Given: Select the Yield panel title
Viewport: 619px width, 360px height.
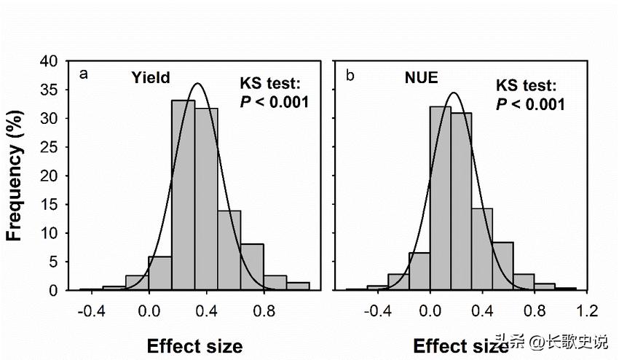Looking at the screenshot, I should pos(151,77).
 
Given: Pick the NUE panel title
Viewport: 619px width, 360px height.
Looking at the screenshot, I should pos(421,77).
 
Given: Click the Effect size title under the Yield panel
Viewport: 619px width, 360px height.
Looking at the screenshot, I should pos(194,345).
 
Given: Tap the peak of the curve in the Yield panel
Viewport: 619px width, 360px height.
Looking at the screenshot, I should pos(197,84).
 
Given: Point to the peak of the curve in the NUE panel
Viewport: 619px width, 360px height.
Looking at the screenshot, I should pos(454,93).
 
